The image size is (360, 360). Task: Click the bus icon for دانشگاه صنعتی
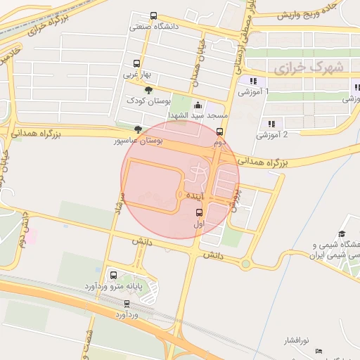coord(154,15)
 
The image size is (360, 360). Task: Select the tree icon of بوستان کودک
coord(148,89)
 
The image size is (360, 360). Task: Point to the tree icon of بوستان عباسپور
coord(138,129)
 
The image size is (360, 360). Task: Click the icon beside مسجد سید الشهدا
coord(197,105)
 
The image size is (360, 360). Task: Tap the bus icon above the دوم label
coord(220,131)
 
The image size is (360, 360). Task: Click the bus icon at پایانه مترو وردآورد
coord(113,275)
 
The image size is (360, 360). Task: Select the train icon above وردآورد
coord(127,304)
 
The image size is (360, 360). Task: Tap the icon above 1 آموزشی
coord(253,81)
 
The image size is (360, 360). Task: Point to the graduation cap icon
coord(342,234)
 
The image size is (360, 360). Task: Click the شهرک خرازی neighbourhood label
coord(309,69)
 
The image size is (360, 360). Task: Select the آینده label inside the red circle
coord(195,193)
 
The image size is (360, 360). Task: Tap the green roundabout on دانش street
coord(245,264)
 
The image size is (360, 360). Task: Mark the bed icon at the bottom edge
coord(319,350)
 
